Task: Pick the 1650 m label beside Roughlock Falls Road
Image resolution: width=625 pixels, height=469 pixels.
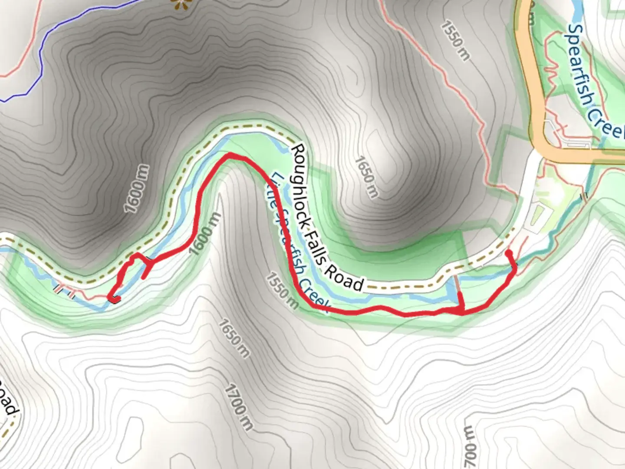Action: [x=366, y=177]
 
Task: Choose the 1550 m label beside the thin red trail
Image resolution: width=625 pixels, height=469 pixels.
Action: [x=455, y=40]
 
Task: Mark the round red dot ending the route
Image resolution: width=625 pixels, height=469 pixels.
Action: [x=509, y=252]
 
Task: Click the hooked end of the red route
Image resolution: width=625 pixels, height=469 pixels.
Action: [x=114, y=299]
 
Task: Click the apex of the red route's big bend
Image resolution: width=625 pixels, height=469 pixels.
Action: [x=229, y=156]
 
